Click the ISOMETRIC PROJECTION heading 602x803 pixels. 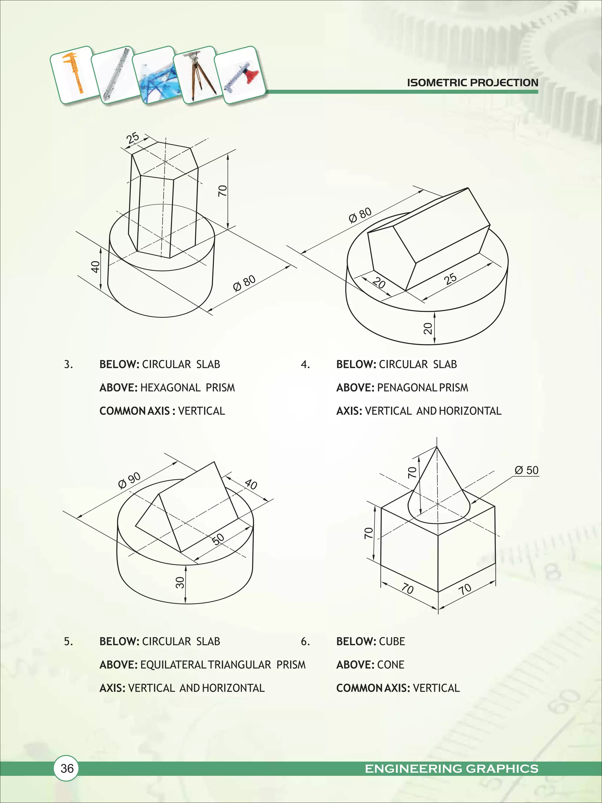[472, 83]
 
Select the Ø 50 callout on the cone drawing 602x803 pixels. [526, 470]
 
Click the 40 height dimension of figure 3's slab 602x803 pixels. [95, 267]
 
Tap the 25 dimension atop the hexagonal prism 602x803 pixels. [133, 138]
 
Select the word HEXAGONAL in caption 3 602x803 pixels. [170, 388]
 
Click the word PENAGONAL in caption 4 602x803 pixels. [407, 388]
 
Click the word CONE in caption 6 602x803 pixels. [390, 665]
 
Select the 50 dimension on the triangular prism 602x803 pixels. [218, 540]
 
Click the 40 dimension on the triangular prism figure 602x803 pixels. [251, 484]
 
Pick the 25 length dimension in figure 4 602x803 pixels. [450, 279]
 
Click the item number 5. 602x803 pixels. [68, 642]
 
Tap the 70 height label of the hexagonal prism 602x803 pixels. [222, 191]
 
